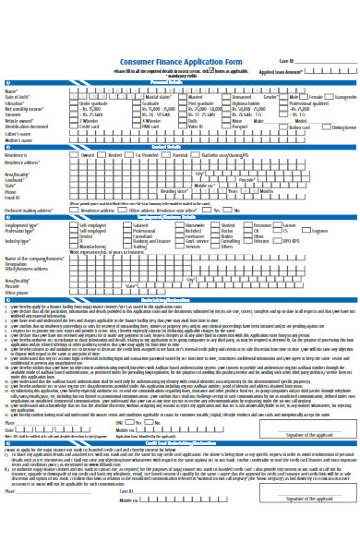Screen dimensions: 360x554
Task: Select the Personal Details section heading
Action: [179, 82]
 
